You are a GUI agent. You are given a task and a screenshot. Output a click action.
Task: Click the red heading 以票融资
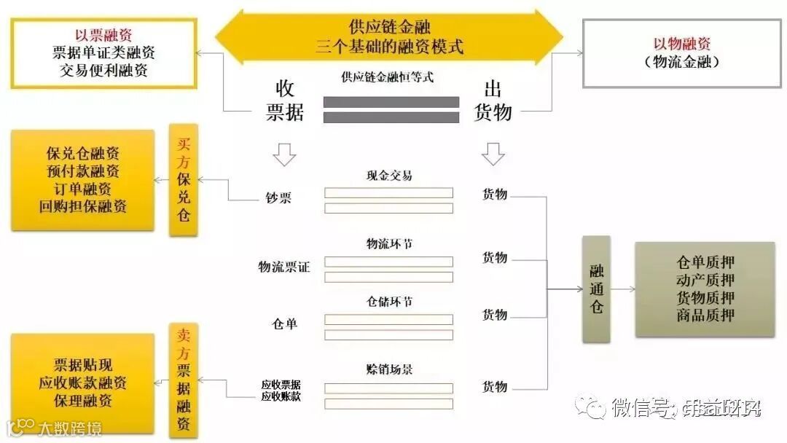tap(103, 35)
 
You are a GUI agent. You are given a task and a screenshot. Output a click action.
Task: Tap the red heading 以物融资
tap(682, 44)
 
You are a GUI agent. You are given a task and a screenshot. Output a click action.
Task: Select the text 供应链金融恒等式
tap(387, 77)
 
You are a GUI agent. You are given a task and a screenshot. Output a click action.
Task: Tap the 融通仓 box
tap(596, 289)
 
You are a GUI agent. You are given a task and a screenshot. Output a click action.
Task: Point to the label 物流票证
tap(283, 267)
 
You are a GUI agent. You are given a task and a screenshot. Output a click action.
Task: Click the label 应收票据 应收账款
tap(281, 391)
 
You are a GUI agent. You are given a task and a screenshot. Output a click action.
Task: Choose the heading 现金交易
tap(388, 176)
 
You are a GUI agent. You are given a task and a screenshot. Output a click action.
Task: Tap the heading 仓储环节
tap(388, 301)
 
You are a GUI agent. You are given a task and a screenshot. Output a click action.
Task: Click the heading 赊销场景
tap(388, 369)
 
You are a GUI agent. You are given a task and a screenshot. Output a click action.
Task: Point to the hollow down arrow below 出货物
tap(493, 154)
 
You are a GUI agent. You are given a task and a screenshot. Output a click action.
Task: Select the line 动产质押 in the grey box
tap(705, 281)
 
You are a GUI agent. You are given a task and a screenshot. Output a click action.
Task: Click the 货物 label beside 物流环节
tap(495, 258)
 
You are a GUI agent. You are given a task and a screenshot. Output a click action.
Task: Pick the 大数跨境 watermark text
tap(71, 428)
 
